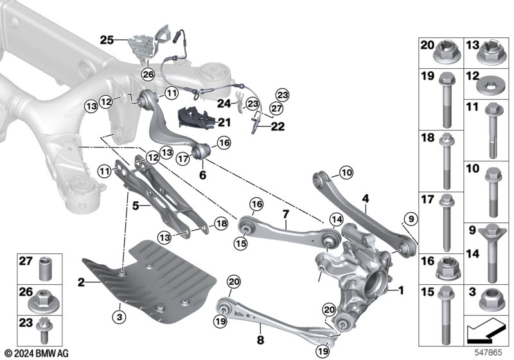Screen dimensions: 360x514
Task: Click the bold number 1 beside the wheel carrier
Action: coord(402,290)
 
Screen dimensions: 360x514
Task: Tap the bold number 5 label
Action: coord(136,206)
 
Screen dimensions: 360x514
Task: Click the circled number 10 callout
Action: coord(346,172)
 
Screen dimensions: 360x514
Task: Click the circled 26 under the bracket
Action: coord(148,74)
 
